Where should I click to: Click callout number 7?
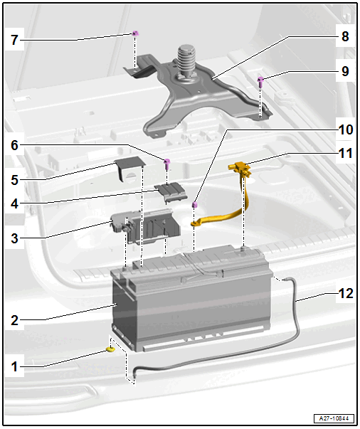point(14,40)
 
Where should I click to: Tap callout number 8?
point(345,36)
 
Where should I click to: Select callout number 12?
point(346,294)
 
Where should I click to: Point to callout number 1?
point(14,366)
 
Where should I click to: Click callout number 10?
point(346,129)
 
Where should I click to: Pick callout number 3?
point(14,238)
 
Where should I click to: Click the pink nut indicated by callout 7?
point(135,33)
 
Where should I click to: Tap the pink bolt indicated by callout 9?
point(260,82)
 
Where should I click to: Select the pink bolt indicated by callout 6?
point(166,164)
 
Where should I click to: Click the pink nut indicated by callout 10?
point(194,204)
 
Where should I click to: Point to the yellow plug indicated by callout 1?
point(110,349)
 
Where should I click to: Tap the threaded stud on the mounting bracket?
point(185,60)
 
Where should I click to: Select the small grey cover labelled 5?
point(129,168)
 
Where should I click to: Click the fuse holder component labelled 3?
point(145,227)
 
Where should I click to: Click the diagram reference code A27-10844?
point(334,418)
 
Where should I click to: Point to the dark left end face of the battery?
point(124,312)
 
